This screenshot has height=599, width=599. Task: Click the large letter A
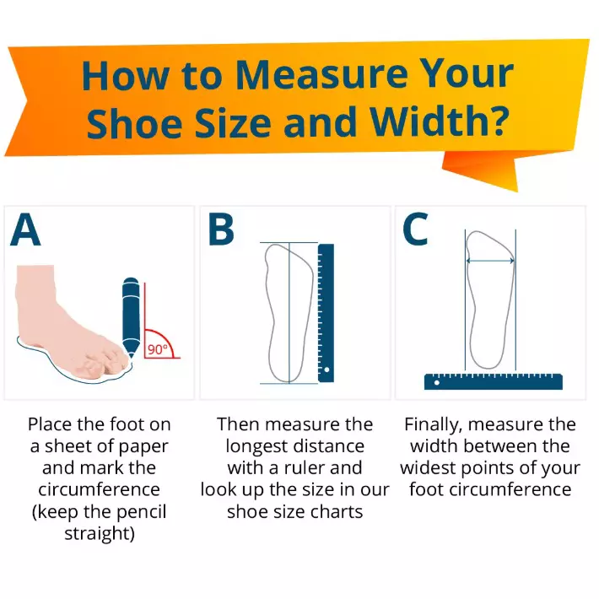26,231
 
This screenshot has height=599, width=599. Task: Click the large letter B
222,231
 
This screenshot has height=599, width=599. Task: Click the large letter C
415,231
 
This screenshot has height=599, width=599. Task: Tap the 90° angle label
158,348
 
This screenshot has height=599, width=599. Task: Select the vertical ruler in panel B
326,312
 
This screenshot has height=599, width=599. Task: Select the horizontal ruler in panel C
493,380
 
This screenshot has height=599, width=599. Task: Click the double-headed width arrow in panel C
490,262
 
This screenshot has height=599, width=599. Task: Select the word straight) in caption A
100,534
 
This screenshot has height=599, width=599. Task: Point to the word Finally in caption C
434,424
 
